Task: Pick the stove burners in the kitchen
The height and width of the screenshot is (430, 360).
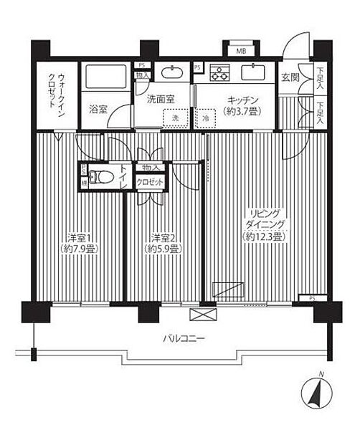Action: (219, 73)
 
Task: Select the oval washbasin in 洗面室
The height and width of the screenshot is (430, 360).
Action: (172, 73)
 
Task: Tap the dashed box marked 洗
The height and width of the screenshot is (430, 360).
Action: (172, 118)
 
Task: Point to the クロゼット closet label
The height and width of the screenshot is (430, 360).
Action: (152, 183)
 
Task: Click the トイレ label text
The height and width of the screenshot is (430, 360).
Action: (123, 176)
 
